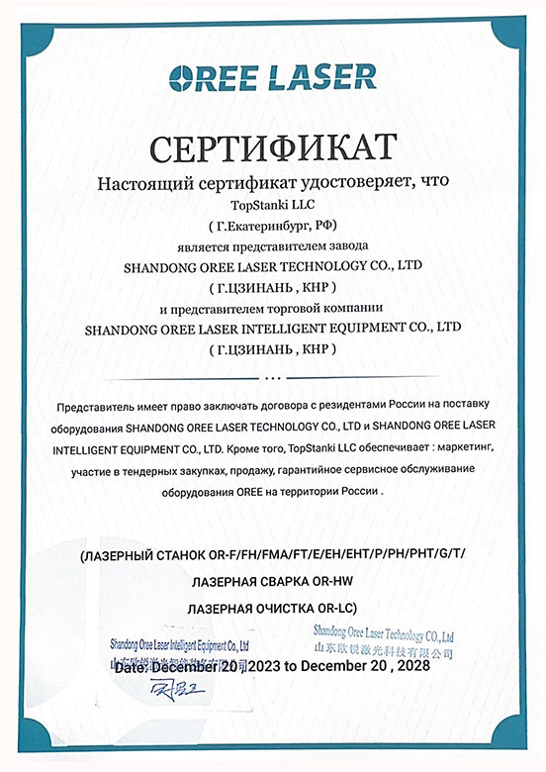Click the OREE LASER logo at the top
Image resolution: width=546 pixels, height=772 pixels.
point(273,78)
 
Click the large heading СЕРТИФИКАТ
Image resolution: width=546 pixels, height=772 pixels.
point(273,148)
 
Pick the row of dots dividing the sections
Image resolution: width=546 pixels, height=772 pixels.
point(272,378)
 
